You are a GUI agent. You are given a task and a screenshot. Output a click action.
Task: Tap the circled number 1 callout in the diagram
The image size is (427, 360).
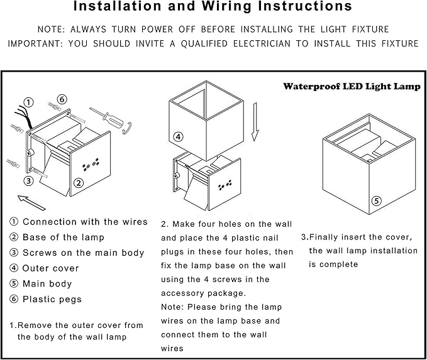(x=29, y=102)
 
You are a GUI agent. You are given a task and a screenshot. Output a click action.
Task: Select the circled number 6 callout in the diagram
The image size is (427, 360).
(x=62, y=99)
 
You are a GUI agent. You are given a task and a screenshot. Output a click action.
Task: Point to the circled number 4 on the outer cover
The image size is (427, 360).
(x=178, y=136)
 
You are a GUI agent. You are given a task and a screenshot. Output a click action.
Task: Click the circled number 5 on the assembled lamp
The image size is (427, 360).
(x=376, y=201)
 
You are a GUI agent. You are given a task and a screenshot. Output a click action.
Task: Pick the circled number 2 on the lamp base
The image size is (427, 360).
(x=79, y=183)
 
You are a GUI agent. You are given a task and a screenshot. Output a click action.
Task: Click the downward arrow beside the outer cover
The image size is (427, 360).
(x=255, y=126)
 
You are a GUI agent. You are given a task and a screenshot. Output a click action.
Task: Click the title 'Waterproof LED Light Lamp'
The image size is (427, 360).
(x=351, y=87)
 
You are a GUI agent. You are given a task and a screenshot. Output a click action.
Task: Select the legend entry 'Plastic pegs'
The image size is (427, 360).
(x=52, y=299)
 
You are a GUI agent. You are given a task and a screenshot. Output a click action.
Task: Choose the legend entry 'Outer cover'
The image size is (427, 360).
(x=50, y=268)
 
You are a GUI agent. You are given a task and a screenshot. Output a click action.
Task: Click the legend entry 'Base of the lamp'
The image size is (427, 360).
(x=63, y=237)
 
